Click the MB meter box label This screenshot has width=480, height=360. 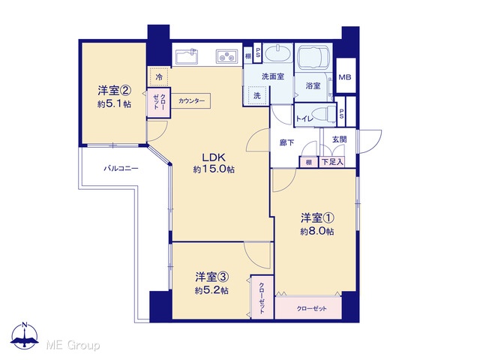tap(345, 77)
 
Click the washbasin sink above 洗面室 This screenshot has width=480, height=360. tap(277, 52)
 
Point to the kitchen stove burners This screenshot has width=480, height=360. tap(226, 56)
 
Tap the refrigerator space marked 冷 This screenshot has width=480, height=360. tap(159, 76)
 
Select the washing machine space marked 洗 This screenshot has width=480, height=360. tap(257, 95)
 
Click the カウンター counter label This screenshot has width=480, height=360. tap(191, 100)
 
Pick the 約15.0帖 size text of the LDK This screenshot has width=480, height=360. tap(214, 169)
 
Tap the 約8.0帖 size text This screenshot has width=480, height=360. tap(316, 232)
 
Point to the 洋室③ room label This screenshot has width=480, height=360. tap(212, 277)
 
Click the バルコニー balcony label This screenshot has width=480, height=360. tap(121, 168)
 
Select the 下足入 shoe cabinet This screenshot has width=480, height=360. tap(332, 162)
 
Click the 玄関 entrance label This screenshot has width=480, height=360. tap(340, 139)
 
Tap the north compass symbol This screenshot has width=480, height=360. tap(25, 336)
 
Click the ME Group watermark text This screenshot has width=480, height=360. tap(73, 345)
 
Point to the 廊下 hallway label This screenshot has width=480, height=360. tap(286, 142)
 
